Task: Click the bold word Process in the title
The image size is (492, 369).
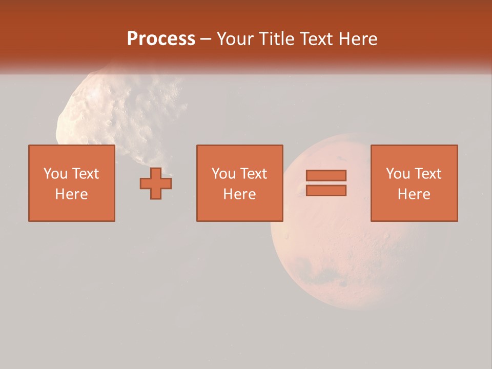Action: (161, 39)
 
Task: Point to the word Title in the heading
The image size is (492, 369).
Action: (276, 39)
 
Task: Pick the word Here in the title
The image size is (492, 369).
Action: (359, 39)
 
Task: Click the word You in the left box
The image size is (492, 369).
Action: (55, 174)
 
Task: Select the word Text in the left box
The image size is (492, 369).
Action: (86, 174)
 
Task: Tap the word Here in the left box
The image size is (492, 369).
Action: (71, 194)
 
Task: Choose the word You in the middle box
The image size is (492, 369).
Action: (223, 174)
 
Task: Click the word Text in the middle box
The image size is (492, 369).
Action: (254, 174)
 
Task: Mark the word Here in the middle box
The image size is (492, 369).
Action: (239, 194)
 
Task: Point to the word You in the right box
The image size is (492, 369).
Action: (398, 174)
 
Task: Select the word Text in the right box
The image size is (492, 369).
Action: (428, 174)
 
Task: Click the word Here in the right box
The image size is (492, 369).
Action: (414, 194)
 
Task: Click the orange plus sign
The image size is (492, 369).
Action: (156, 183)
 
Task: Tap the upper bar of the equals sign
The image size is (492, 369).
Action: (326, 175)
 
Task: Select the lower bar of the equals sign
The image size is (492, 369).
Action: (326, 190)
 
